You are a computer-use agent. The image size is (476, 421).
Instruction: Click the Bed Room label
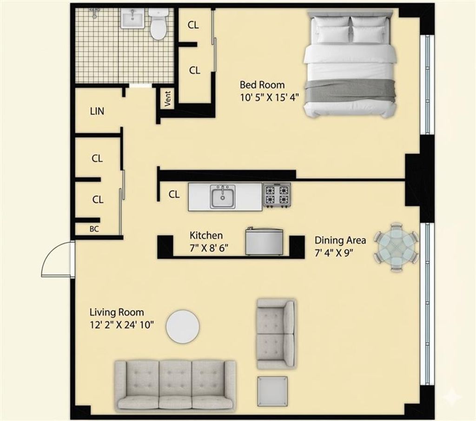tap(262, 85)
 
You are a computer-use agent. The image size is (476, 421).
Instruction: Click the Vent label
tap(168, 98)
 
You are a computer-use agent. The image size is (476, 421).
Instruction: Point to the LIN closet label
tap(97, 112)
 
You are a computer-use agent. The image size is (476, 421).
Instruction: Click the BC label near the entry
tap(94, 229)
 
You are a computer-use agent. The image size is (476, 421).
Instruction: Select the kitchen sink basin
tap(222, 197)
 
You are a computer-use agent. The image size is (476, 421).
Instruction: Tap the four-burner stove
tap(277, 195)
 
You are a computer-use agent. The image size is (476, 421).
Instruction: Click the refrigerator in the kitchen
tap(264, 241)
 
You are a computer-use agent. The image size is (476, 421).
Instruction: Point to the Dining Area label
tap(340, 240)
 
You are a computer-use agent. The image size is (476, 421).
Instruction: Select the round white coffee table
tap(183, 326)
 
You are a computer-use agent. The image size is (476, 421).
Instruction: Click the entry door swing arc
tap(56, 261)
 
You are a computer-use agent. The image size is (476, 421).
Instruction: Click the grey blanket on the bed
tap(349, 90)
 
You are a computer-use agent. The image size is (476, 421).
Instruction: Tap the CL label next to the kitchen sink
tap(174, 195)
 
